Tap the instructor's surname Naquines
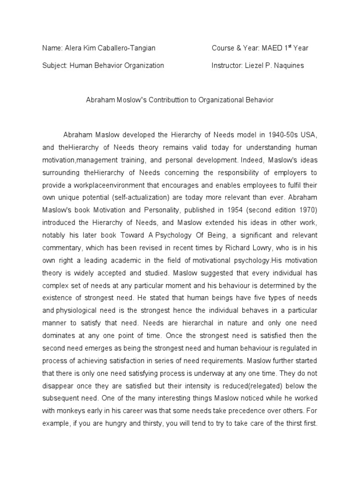pyautogui.click(x=286, y=66)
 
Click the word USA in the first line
pyautogui.click(x=311, y=135)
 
